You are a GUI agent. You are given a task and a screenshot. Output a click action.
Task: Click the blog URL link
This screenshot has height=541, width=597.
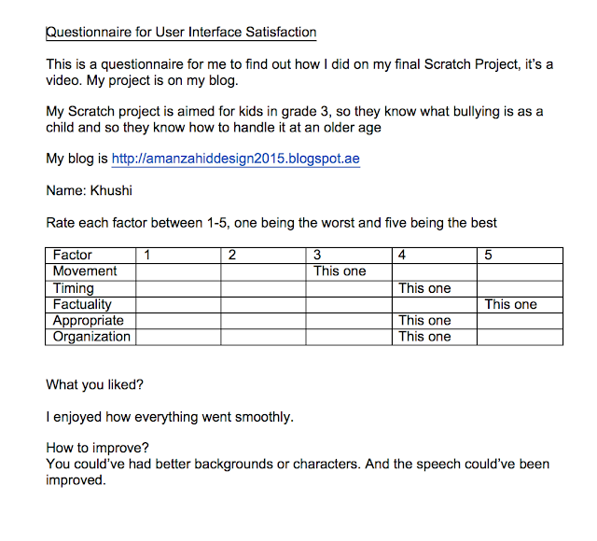click(235, 159)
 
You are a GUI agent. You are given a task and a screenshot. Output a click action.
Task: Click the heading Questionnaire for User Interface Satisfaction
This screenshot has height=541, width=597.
click(182, 33)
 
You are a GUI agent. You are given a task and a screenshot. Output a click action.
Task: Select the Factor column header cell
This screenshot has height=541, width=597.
click(73, 255)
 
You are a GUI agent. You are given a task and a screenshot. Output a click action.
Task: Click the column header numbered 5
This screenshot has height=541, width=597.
click(489, 255)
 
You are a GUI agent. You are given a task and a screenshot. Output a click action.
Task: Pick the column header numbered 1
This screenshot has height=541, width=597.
click(148, 255)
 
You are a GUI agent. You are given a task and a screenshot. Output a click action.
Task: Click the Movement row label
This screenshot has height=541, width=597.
click(85, 270)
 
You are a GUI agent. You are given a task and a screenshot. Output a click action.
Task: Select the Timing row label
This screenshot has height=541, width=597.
click(75, 287)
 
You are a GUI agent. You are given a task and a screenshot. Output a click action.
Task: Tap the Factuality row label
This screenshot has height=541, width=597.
click(82, 304)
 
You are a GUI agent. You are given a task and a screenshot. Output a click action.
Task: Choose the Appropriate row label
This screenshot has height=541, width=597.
click(88, 320)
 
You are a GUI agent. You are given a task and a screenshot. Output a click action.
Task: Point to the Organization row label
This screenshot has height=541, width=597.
click(91, 337)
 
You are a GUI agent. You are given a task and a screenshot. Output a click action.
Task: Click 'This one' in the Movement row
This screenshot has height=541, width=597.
click(340, 271)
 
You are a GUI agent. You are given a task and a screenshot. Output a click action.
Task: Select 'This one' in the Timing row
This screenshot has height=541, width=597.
click(424, 288)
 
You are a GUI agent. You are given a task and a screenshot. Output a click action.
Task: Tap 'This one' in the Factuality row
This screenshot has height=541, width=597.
click(510, 304)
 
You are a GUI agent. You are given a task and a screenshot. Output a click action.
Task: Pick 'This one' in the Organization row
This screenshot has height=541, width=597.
click(424, 337)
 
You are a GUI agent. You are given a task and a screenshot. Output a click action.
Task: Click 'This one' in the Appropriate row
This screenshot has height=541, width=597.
click(424, 321)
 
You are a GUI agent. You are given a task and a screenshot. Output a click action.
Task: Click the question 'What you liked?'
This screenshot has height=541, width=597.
click(95, 384)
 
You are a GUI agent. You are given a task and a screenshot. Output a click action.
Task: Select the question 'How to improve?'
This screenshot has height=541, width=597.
click(97, 448)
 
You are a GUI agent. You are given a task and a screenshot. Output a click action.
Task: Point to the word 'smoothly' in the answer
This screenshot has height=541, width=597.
click(262, 417)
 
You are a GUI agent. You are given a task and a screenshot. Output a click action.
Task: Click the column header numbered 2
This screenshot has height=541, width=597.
click(232, 255)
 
